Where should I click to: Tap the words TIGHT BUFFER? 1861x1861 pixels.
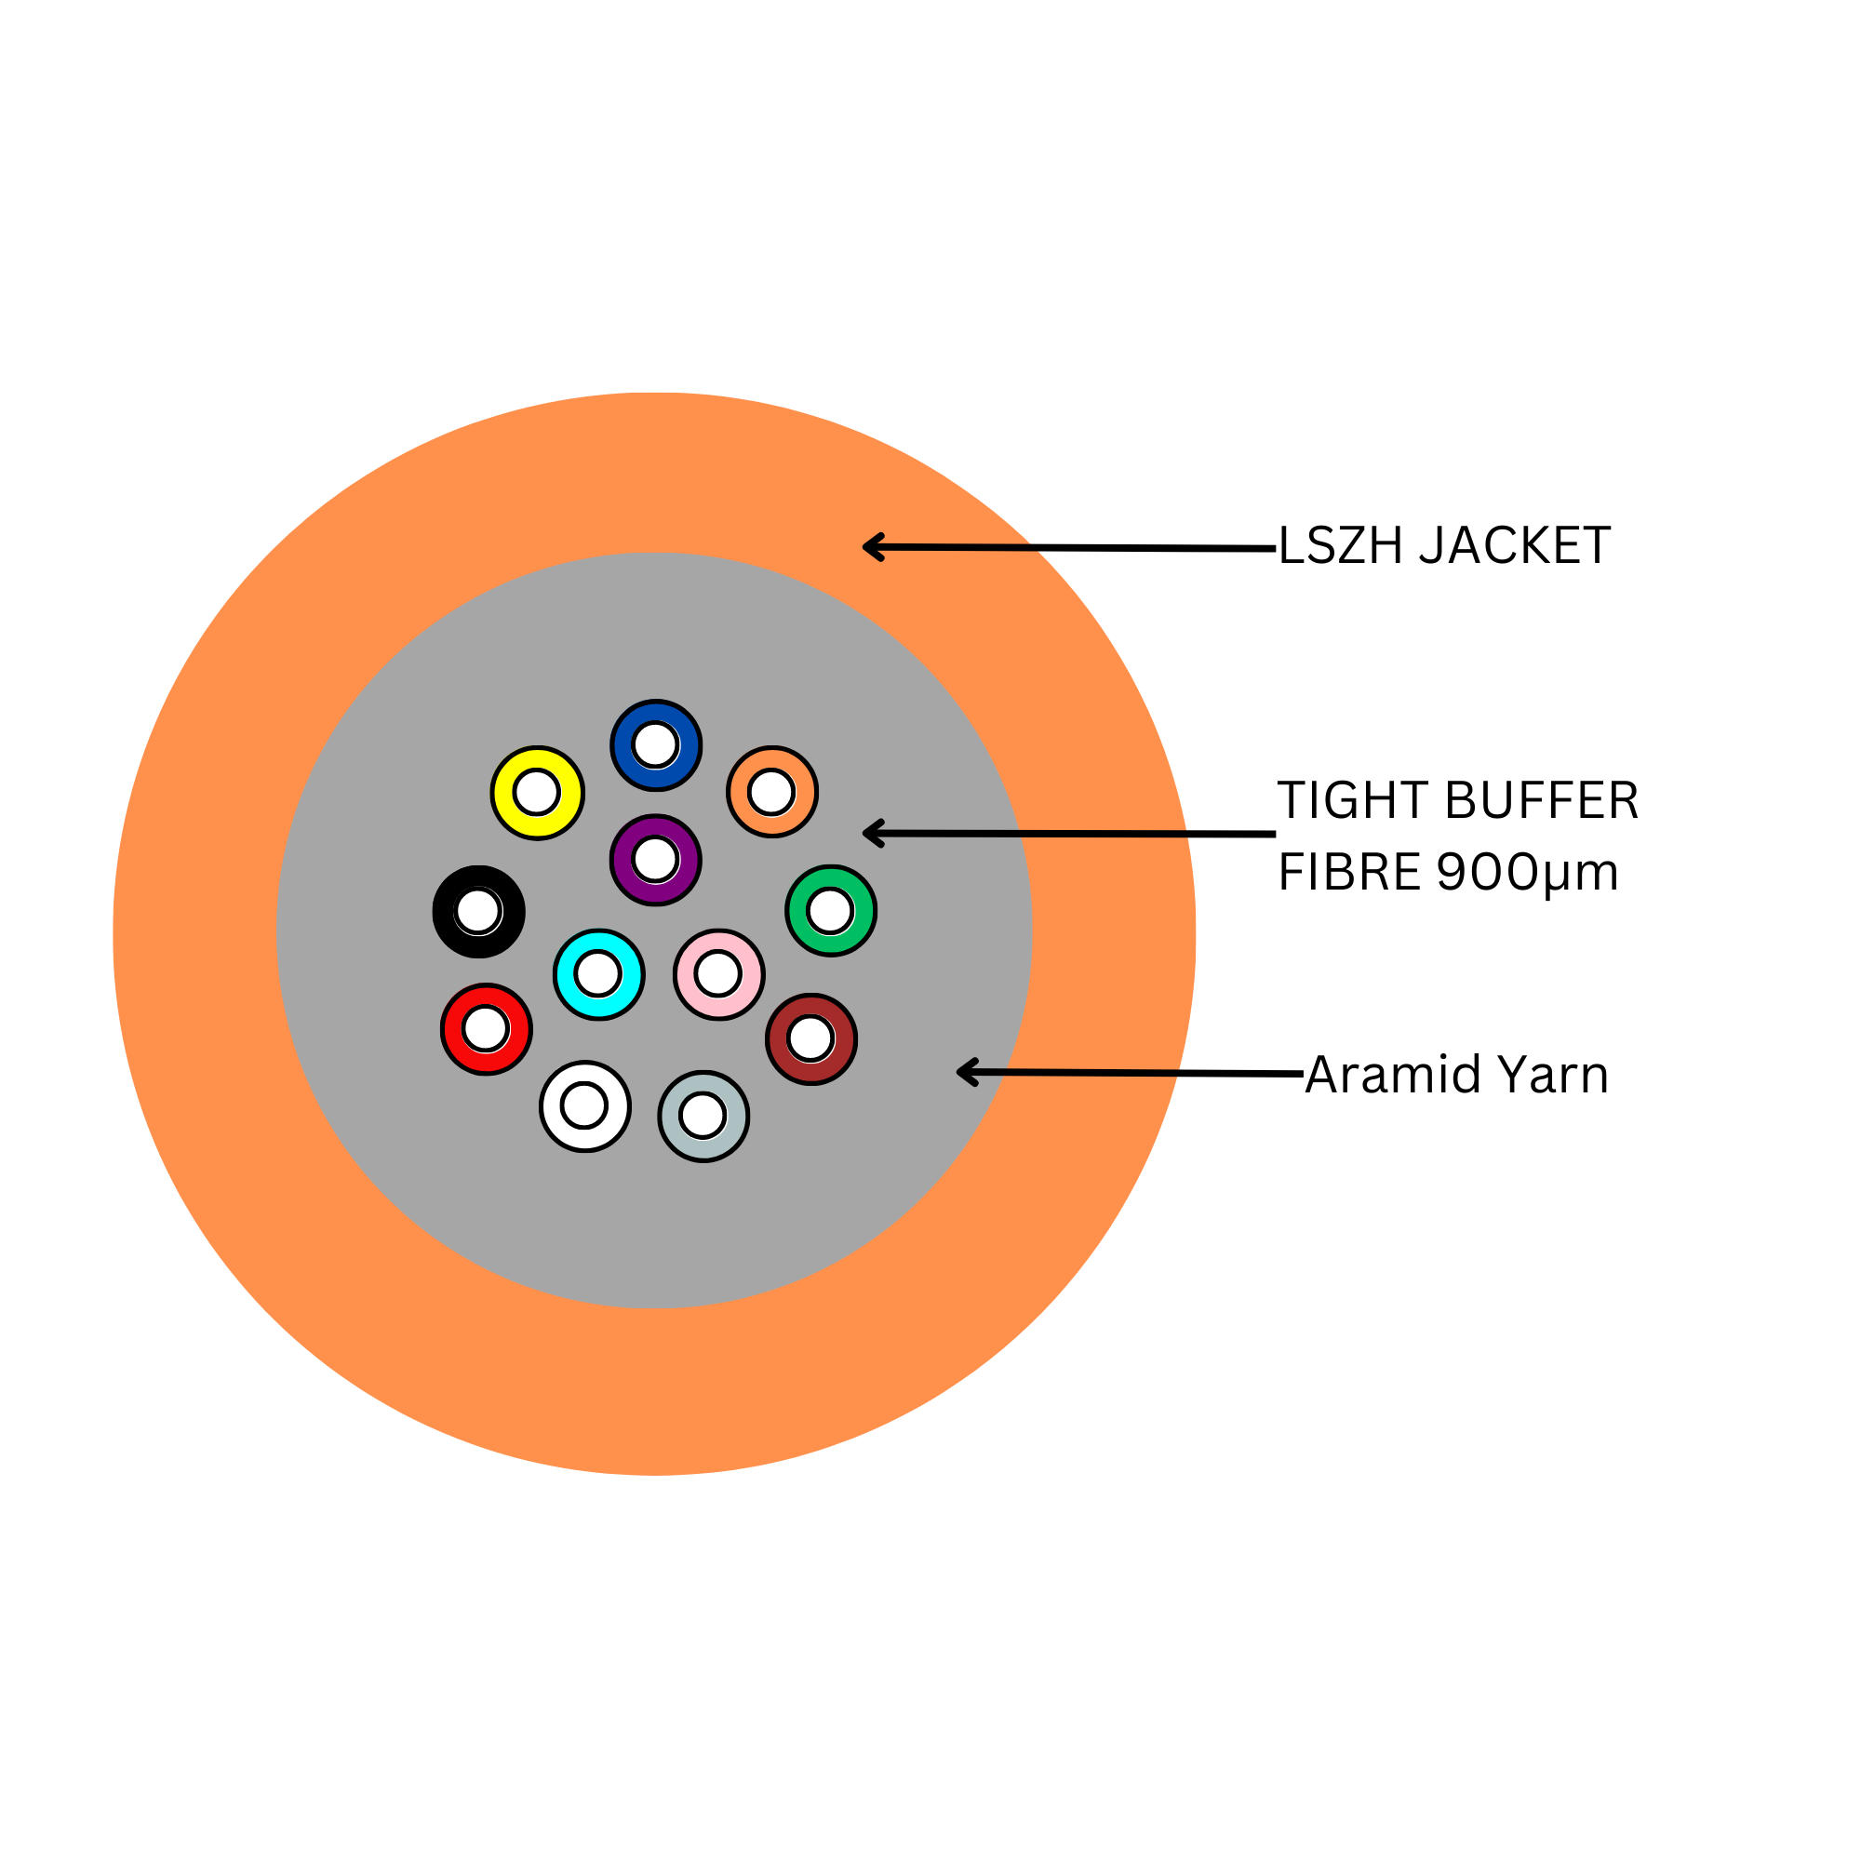(x=1457, y=801)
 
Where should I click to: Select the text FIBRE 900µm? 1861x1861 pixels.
(x=1448, y=872)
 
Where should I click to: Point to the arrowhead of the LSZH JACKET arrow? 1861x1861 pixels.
(x=869, y=547)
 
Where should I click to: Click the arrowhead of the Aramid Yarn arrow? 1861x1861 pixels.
(x=962, y=1072)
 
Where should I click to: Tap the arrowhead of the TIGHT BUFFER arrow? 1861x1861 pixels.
(x=869, y=833)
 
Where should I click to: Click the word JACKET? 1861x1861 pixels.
(x=1514, y=546)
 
